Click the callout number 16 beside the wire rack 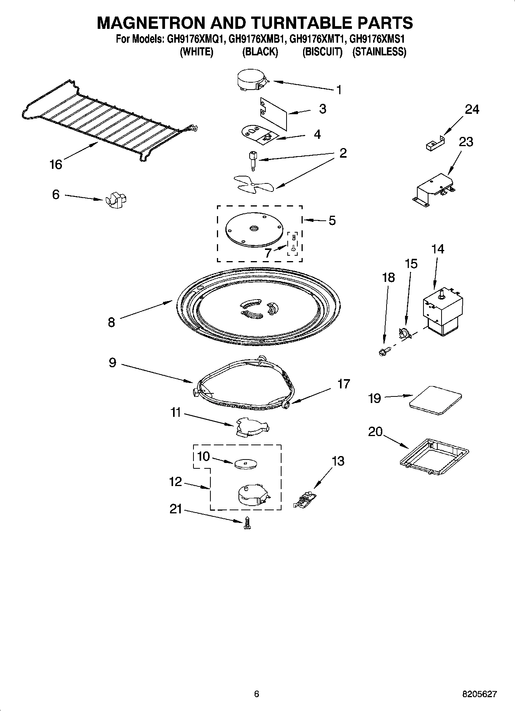pyautogui.click(x=56, y=165)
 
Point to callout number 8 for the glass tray pyautogui.click(x=112, y=322)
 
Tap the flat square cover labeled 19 pyautogui.click(x=435, y=400)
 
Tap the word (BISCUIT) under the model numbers pyautogui.click(x=322, y=52)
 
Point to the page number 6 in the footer pyautogui.click(x=257, y=694)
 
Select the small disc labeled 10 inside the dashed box pyautogui.click(x=245, y=463)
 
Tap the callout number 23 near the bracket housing pyautogui.click(x=466, y=142)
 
